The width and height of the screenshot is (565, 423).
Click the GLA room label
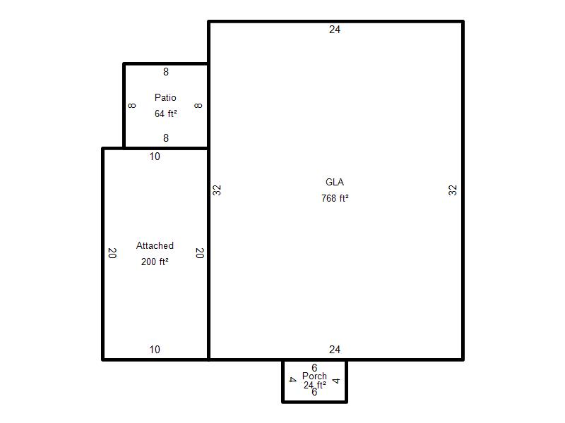pyautogui.click(x=334, y=182)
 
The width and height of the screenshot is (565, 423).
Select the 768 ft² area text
pyautogui.click(x=335, y=198)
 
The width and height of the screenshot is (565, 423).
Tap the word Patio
pyautogui.click(x=165, y=97)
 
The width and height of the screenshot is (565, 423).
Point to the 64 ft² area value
pyautogui.click(x=166, y=114)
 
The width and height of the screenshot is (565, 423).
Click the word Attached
pyautogui.click(x=155, y=245)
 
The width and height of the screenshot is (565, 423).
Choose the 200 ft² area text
pyautogui.click(x=155, y=262)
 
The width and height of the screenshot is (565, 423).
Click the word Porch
pyautogui.click(x=314, y=376)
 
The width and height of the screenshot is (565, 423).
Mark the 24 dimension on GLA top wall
pyautogui.click(x=334, y=30)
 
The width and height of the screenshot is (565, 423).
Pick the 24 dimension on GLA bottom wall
pyautogui.click(x=334, y=349)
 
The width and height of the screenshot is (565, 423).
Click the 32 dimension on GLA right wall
pyautogui.click(x=453, y=190)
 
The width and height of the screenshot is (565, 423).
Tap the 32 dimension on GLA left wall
pyautogui.click(x=217, y=190)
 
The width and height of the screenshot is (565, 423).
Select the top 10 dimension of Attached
pyautogui.click(x=155, y=157)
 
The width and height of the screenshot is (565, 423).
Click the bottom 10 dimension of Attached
pyautogui.click(x=155, y=349)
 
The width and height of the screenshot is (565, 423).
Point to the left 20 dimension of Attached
pyautogui.click(x=112, y=253)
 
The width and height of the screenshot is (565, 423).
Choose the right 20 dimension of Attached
pyautogui.click(x=200, y=253)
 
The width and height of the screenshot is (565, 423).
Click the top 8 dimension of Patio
pyautogui.click(x=166, y=72)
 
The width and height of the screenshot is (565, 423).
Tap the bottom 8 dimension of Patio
pyautogui.click(x=166, y=137)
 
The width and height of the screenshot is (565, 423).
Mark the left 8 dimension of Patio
pyautogui.click(x=132, y=105)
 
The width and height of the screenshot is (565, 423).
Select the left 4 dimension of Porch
pyautogui.click(x=293, y=379)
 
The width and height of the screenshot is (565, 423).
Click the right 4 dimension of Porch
pyautogui.click(x=336, y=381)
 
